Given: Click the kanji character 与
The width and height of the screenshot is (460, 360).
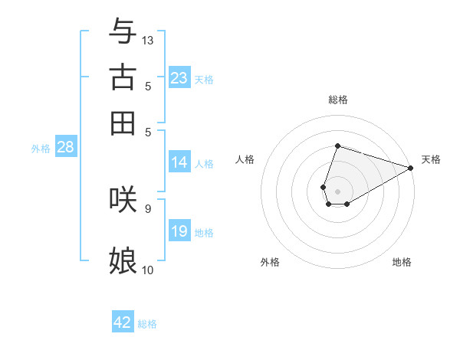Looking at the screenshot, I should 123,31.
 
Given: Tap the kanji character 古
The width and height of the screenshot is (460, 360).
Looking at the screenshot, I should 123,77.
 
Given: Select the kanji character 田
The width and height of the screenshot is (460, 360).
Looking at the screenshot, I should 123,123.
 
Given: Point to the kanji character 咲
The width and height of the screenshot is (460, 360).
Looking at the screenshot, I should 123,198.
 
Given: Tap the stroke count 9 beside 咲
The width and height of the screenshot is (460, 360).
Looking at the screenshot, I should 147,208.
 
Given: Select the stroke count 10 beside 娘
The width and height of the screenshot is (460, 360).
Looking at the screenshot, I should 148,270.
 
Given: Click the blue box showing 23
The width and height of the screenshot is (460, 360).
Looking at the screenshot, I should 179,77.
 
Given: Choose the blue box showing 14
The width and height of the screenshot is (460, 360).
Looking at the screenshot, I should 179,162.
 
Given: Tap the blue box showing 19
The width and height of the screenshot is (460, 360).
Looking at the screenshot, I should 179,231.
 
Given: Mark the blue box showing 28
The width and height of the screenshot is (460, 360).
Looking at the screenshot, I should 65,147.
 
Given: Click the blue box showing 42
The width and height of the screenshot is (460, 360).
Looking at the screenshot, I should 123,322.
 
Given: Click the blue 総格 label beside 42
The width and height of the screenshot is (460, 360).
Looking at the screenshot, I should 147,324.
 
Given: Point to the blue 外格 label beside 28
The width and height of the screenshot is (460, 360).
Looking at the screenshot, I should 40,149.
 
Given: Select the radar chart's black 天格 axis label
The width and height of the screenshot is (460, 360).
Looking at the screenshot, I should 431,159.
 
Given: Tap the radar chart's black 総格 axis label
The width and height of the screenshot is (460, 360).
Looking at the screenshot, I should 337,100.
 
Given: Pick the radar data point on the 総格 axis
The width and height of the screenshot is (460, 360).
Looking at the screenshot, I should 337,146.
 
